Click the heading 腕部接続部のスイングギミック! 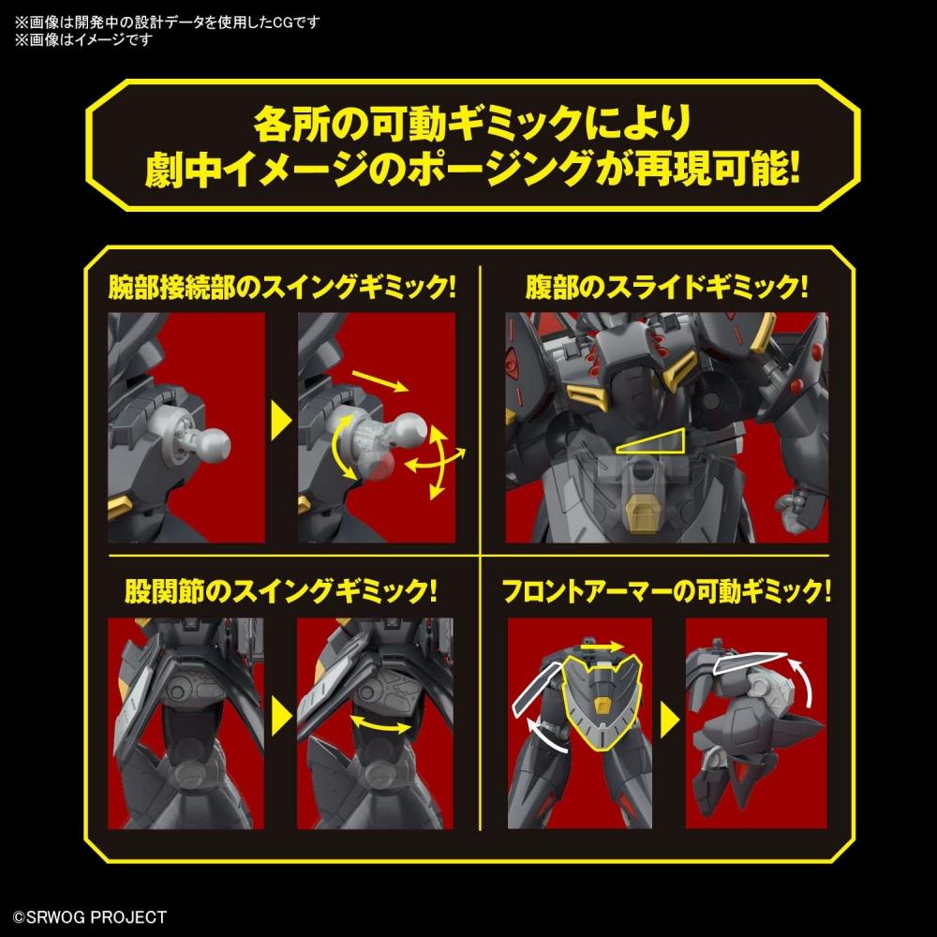click(x=282, y=286)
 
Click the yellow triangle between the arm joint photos click(x=281, y=427)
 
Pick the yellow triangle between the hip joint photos click(x=281, y=721)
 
